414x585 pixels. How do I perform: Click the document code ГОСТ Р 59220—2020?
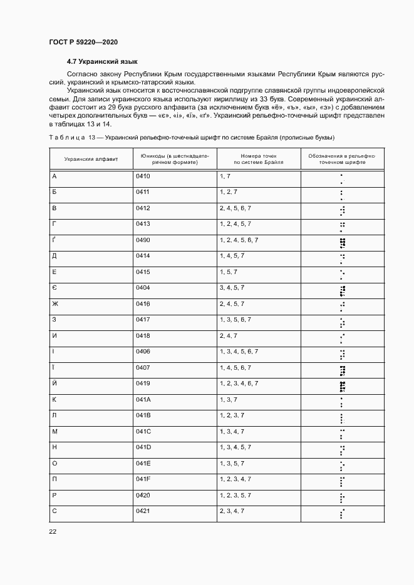[83, 42]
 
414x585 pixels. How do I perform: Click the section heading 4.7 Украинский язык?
[102, 62]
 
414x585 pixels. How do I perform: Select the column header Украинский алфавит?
[91, 160]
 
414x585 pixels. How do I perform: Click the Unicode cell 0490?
[143, 240]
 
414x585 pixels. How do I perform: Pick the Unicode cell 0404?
[143, 288]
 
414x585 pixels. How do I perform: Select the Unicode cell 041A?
[143, 400]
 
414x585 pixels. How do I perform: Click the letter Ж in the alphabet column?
[55, 304]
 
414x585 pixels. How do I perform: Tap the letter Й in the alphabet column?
[54, 384]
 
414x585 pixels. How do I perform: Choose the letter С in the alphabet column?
[54, 511]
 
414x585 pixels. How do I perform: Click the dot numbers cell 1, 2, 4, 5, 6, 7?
[239, 240]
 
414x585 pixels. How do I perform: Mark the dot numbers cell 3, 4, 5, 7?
[232, 288]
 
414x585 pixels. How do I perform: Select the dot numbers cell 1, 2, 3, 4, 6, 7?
[239, 384]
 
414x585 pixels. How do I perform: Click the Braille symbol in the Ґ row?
[342, 243]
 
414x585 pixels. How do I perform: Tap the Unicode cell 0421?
[143, 511]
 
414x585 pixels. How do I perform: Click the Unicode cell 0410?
[143, 176]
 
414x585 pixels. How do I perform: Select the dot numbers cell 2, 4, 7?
[228, 336]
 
